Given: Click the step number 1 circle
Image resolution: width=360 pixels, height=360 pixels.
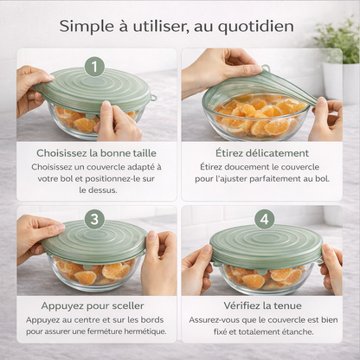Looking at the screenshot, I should (95, 67).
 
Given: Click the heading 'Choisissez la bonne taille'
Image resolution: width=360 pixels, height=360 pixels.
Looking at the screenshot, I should (96, 153).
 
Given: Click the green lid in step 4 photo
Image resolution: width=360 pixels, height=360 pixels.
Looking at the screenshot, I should (266, 245).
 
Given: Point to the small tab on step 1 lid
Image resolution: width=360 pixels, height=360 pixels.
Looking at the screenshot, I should (153, 98).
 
